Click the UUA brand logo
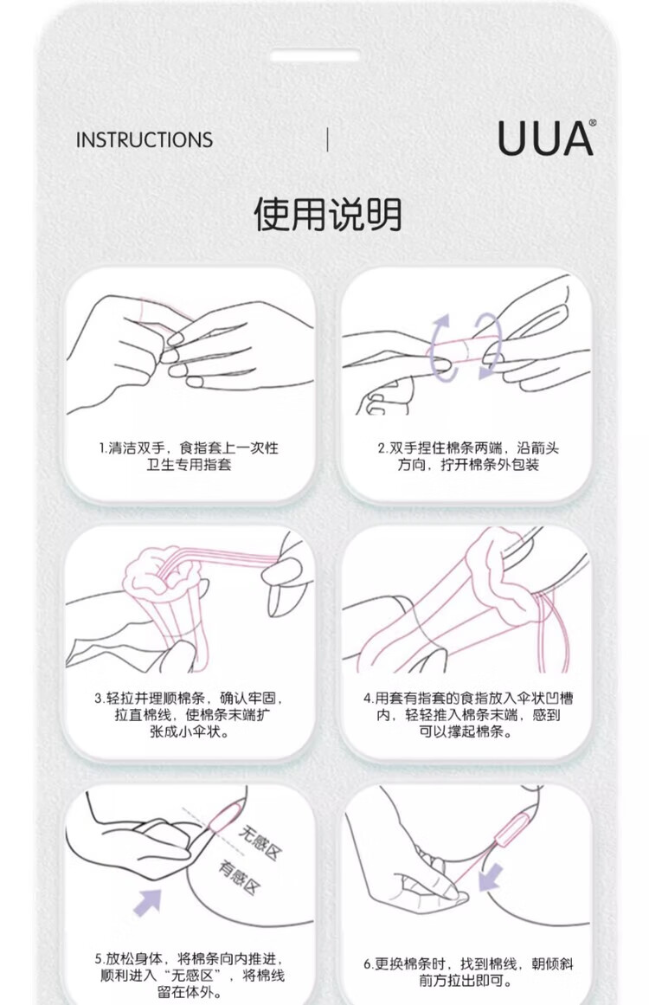[545, 139]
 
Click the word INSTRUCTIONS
[145, 139]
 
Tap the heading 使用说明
[327, 214]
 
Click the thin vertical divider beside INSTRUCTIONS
[327, 139]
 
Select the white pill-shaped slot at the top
[315, 56]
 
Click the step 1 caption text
[189, 455]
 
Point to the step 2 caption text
[467, 455]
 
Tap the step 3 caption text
[189, 714]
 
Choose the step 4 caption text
[467, 714]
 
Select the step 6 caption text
[468, 972]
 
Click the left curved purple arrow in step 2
[440, 347]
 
